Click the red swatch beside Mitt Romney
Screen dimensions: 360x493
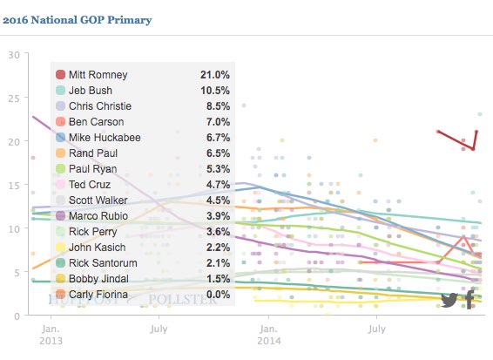pyautogui.click(x=60, y=76)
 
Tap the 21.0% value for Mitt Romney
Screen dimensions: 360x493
pyautogui.click(x=215, y=76)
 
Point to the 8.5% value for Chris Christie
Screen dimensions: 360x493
pyautogui.click(x=217, y=107)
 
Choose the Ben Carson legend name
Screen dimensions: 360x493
pyautogui.click(x=96, y=123)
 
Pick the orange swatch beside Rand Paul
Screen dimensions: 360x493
pyautogui.click(x=60, y=153)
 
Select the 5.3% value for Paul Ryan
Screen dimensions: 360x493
pyautogui.click(x=217, y=169)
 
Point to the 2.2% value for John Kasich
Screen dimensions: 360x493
pyautogui.click(x=217, y=247)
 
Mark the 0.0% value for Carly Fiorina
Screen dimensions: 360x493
pyautogui.click(x=217, y=293)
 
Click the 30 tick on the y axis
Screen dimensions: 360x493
pyautogui.click(x=13, y=54)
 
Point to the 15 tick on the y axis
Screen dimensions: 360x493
pyautogui.click(x=13, y=185)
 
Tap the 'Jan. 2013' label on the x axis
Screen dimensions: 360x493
pyautogui.click(x=51, y=336)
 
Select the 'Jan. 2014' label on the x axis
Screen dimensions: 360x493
pyautogui.click(x=268, y=336)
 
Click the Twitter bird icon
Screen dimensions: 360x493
pyautogui.click(x=449, y=300)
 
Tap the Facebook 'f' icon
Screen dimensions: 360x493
pyautogui.click(x=469, y=300)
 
